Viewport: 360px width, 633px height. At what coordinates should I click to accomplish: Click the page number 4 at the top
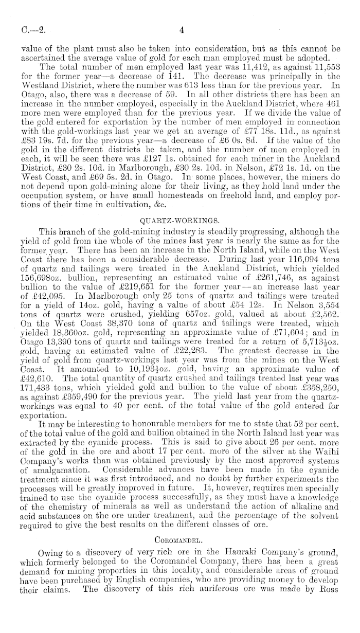click(x=181, y=30)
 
